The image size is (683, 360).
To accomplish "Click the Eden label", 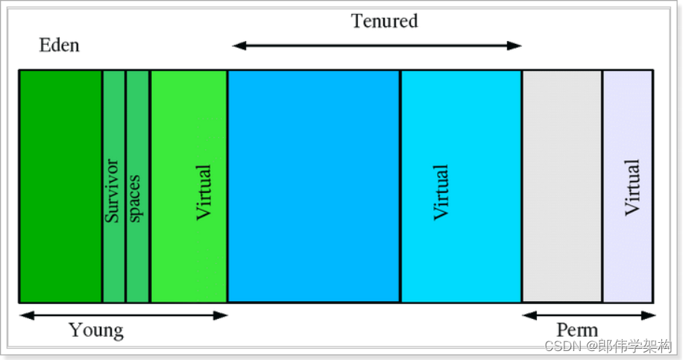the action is (59, 46).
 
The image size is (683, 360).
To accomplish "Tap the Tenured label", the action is (384, 21).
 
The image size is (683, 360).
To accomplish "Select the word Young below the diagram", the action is (96, 330).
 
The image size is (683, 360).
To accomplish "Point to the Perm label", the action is (576, 330).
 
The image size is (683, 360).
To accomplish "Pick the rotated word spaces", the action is (136, 198).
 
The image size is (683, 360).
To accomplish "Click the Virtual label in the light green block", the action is (204, 192).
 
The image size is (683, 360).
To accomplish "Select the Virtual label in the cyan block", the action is (441, 192).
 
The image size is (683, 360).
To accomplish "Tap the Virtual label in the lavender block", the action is (632, 187).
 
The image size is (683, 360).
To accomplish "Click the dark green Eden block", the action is (60, 186).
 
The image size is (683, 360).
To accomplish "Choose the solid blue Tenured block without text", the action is (313, 186).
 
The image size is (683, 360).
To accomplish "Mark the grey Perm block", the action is (561, 186).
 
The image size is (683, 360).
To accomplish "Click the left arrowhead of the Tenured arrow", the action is (238, 45).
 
